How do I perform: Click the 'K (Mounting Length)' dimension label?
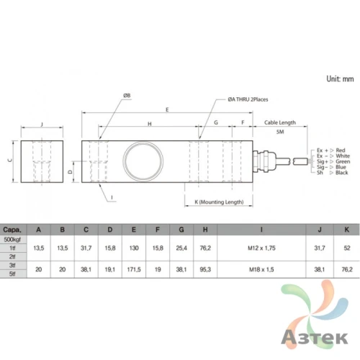(x=219, y=202)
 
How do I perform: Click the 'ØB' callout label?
(x=127, y=95)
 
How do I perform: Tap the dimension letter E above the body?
(x=167, y=110)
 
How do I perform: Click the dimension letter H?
(x=149, y=124)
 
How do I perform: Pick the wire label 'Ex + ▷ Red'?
(x=332, y=148)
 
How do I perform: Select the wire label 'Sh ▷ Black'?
(x=332, y=173)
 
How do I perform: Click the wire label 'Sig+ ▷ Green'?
(x=332, y=161)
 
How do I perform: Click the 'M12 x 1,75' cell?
(x=261, y=247)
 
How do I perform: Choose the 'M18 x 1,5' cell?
(x=261, y=268)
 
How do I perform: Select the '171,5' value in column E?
(x=134, y=268)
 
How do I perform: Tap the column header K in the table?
(x=347, y=230)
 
